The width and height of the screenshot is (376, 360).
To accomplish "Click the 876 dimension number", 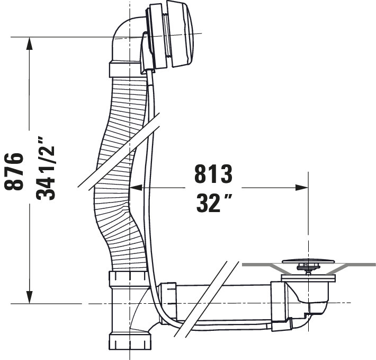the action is (x=14, y=171).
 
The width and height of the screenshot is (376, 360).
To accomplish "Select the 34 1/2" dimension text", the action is (x=46, y=169).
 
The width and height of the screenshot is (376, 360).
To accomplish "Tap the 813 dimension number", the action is (x=213, y=173).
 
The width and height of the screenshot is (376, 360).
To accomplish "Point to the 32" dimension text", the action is (x=214, y=203).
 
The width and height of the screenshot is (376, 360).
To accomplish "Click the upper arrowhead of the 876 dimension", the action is (x=29, y=43).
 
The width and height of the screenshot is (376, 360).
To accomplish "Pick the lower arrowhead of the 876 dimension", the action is (x=29, y=297).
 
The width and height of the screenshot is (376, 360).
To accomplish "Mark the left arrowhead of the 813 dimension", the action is (x=136, y=188).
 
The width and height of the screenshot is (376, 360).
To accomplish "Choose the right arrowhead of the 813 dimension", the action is (x=302, y=188).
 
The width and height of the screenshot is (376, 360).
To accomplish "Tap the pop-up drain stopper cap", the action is (x=308, y=261).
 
